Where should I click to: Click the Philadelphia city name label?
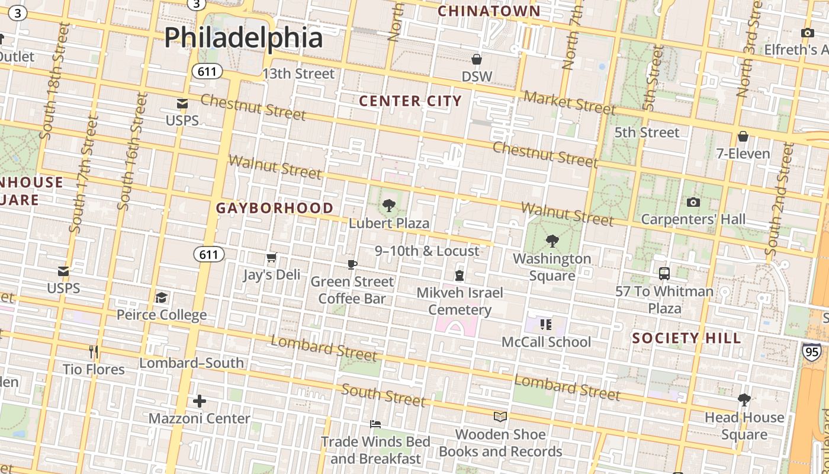[243, 37]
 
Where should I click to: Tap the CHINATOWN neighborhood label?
[489, 11]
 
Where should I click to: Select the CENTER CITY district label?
[410, 101]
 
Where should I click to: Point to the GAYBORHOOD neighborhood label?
[275, 208]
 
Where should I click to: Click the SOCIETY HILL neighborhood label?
[686, 338]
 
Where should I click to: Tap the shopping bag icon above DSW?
[477, 59]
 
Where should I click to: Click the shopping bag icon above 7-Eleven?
[743, 137]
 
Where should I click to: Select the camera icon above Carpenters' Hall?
[693, 203]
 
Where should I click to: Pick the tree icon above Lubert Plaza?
[389, 206]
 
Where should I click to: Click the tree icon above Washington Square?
[552, 241]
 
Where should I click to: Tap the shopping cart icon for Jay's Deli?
[272, 258]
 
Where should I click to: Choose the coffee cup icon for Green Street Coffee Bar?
[352, 264]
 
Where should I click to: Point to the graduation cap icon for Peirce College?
[161, 297]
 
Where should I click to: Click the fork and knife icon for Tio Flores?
[94, 352]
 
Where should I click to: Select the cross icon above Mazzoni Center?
[200, 401]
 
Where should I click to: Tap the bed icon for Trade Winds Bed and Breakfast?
[375, 424]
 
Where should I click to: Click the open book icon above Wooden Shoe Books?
[500, 417]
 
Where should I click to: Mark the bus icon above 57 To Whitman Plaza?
[664, 274]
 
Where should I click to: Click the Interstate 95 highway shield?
[812, 351]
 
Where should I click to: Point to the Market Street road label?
[569, 103]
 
